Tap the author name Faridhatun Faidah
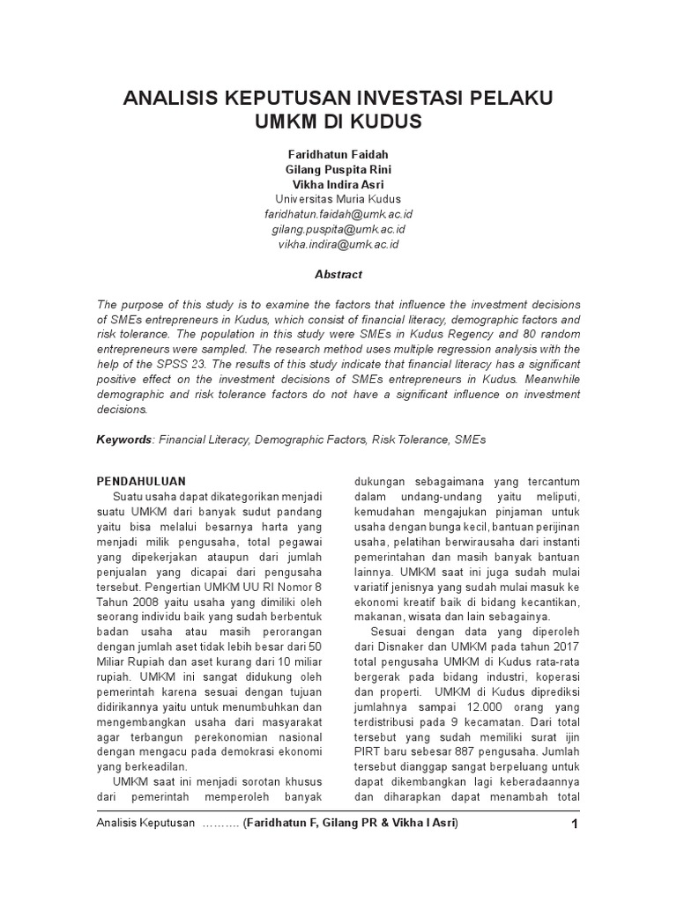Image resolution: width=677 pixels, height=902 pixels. point(338,154)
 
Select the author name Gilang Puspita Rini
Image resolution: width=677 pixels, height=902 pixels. point(338,169)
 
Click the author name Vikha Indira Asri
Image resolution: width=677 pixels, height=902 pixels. point(338,184)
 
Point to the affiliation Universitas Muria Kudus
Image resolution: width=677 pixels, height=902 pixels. point(338,199)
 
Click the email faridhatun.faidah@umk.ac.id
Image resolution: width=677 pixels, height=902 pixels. point(338,214)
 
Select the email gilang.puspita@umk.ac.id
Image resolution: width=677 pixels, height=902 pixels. point(338,229)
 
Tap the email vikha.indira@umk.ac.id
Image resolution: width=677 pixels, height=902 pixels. point(338,244)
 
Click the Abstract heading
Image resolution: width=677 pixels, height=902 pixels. point(338,274)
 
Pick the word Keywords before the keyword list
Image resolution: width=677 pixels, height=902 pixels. point(124,438)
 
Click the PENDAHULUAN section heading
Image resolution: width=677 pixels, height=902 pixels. point(140,481)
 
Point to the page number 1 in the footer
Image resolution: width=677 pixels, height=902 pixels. point(574,824)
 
